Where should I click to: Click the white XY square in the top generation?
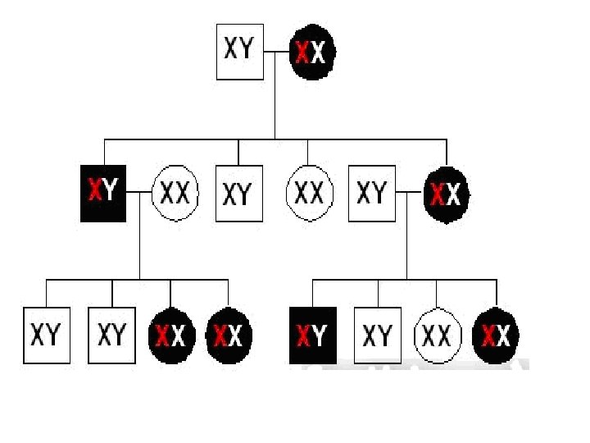click(x=239, y=51)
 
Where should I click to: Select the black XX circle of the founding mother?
click(x=312, y=52)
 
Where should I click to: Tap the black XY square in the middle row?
click(x=103, y=194)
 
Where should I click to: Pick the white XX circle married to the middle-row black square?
click(x=175, y=194)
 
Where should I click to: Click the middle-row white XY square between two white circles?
click(x=238, y=194)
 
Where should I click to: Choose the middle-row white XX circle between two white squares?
click(x=309, y=194)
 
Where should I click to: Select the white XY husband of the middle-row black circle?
click(x=372, y=194)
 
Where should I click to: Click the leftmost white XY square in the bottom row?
click(x=47, y=335)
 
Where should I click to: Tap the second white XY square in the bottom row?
click(x=112, y=335)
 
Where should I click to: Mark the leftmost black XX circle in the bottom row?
click(x=171, y=335)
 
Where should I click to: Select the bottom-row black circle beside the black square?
click(x=229, y=335)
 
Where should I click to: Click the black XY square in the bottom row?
click(x=313, y=335)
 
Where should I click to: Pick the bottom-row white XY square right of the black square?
click(x=378, y=335)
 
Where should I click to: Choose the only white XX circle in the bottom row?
click(x=437, y=335)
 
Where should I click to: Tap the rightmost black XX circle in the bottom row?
click(x=497, y=335)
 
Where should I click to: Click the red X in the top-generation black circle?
click(x=303, y=53)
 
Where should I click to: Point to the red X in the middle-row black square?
click(x=93, y=194)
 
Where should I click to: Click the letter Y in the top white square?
click(x=247, y=48)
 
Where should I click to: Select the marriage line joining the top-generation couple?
click(x=277, y=52)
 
